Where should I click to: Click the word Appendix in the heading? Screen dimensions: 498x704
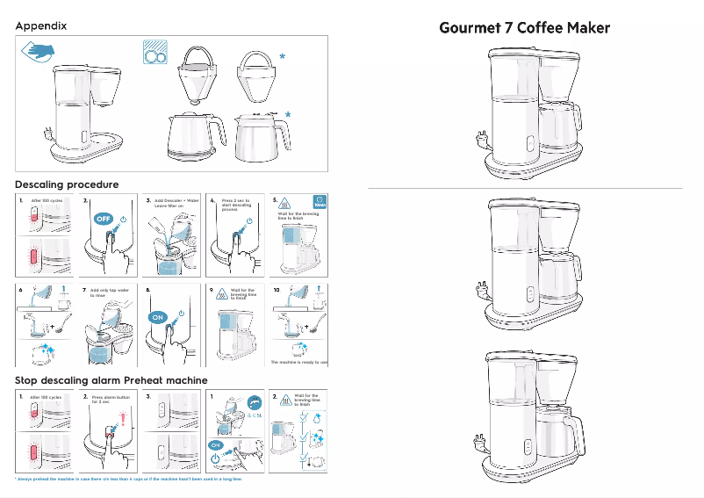pos(40,26)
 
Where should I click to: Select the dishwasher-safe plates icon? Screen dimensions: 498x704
pos(155,54)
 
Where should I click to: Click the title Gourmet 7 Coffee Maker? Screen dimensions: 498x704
pos(525,27)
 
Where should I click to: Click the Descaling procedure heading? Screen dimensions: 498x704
pos(67,184)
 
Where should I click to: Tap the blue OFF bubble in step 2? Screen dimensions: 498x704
pos(103,218)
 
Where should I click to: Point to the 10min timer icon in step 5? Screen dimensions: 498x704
pos(320,202)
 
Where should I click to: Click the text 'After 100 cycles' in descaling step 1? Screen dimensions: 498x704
pos(46,201)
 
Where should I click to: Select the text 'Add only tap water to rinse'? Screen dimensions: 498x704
pos(110,292)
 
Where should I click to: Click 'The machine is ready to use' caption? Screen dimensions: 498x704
pos(299,362)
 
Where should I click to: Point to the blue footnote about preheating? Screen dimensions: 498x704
pos(128,480)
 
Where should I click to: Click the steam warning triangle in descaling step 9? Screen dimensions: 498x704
pos(221,294)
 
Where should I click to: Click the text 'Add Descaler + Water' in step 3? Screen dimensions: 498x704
pos(176,201)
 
